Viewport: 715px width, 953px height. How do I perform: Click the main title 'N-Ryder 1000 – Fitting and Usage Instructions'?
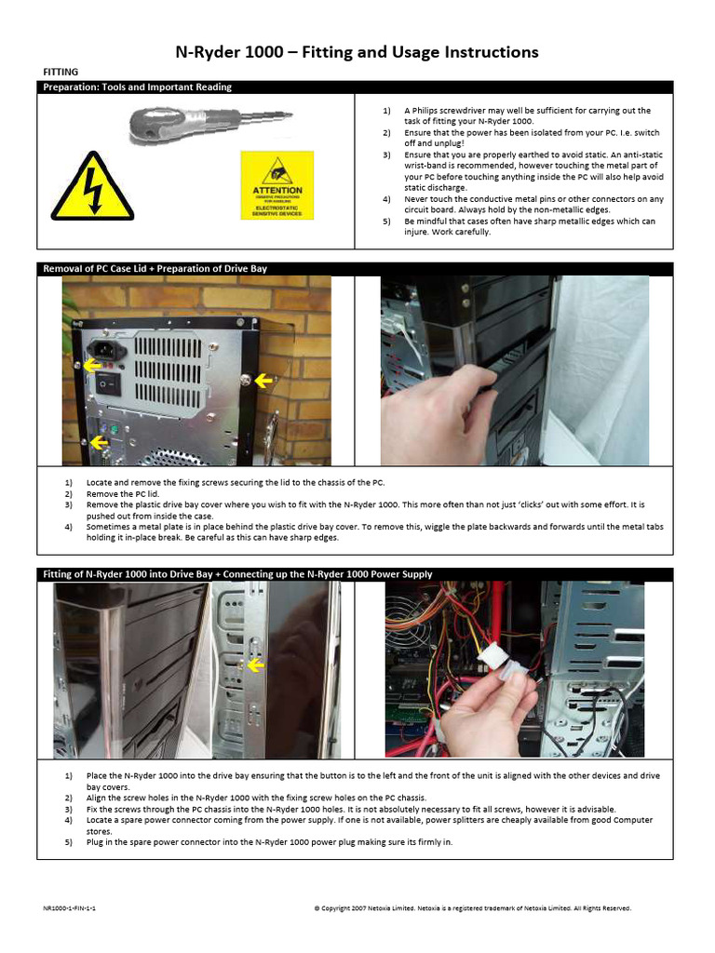pos(357,52)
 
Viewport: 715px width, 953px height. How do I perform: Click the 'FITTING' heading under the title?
pos(61,72)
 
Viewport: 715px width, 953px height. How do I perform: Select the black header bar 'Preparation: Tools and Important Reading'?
pos(138,87)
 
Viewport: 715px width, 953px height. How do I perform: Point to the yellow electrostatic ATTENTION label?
pos(277,185)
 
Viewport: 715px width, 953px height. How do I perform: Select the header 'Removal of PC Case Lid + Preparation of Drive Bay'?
pos(155,269)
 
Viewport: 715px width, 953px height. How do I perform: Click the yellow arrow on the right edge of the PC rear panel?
pos(264,380)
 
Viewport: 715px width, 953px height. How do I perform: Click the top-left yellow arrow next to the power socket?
pos(91,365)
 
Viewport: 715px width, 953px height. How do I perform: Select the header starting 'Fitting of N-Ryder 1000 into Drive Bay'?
pos(238,574)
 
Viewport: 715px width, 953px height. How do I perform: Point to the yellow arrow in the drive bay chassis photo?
pos(255,665)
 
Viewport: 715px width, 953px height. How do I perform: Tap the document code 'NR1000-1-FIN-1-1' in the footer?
pos(69,907)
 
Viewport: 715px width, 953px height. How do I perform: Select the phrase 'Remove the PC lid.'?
pos(123,493)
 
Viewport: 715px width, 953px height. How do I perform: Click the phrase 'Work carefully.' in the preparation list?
pos(456,232)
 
